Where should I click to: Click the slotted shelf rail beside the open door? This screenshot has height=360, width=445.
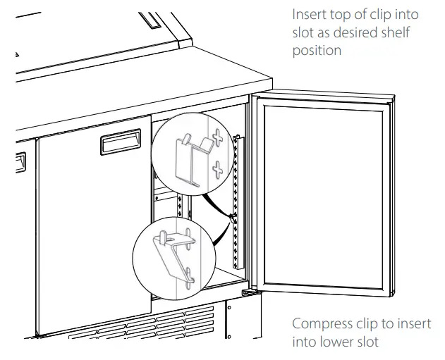(238, 204)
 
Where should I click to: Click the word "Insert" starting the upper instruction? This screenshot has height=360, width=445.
(309, 15)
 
